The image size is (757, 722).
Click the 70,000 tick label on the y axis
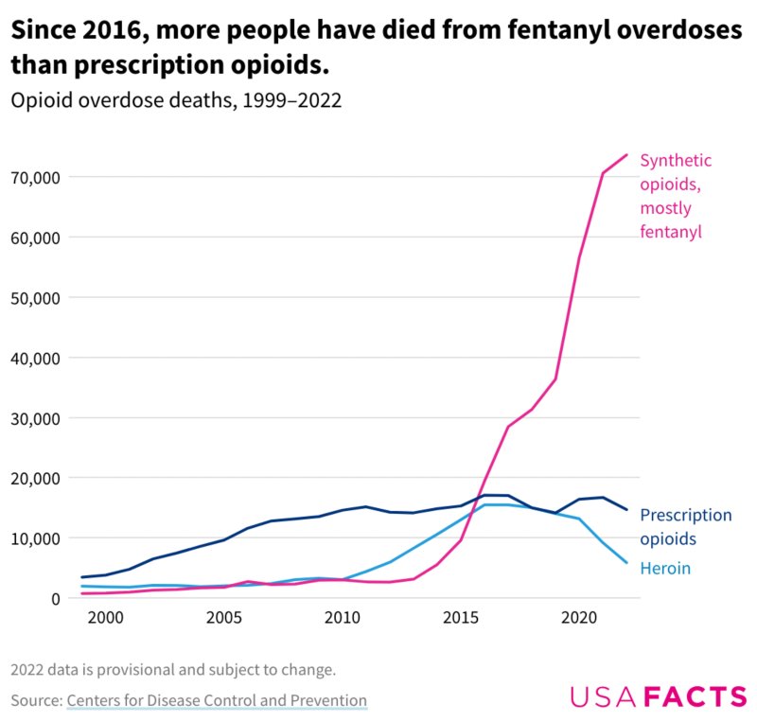coord(34,177)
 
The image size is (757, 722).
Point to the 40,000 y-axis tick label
coord(34,358)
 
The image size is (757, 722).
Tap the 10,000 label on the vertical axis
coord(34,538)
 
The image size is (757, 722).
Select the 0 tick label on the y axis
coord(56,598)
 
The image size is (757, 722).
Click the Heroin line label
coord(665,569)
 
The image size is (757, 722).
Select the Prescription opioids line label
coord(686,527)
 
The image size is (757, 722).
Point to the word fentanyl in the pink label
coord(671,232)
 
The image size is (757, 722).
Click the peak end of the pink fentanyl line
coord(626,155)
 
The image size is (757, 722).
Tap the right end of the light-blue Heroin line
coord(626,563)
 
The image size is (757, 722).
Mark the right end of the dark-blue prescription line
coord(626,510)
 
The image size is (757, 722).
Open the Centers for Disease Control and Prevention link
coord(217,701)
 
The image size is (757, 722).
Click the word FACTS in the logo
coord(695,697)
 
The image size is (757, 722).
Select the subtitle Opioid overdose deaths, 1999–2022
coord(176,100)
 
